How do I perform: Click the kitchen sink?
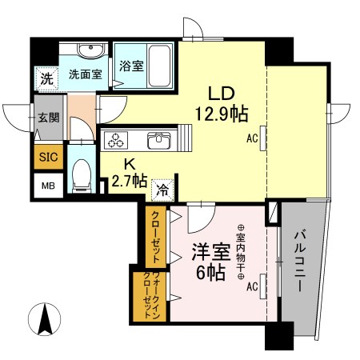157,142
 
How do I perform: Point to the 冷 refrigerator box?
162,191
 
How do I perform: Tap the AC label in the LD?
253,138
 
